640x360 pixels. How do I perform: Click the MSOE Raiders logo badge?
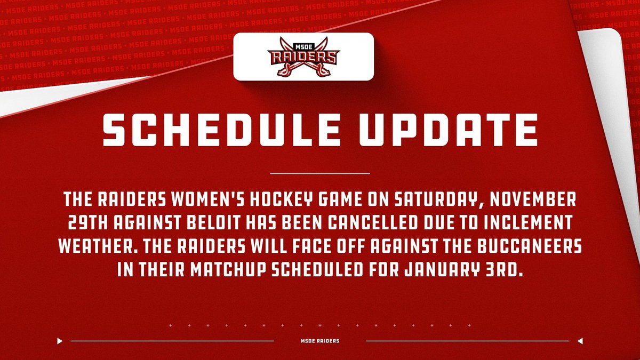(303, 57)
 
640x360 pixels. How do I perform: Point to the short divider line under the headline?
(320, 173)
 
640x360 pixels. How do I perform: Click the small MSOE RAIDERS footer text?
(320, 341)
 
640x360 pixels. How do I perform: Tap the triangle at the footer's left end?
(60, 341)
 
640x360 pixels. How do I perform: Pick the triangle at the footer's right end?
(580, 341)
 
